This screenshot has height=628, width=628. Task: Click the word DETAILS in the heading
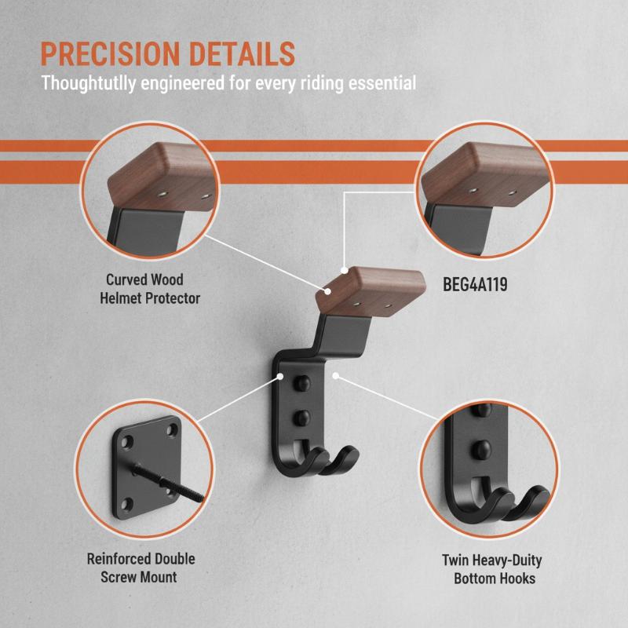click(x=243, y=53)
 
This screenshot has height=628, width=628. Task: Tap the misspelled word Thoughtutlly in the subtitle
click(x=89, y=83)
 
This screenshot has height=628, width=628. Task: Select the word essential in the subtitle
click(x=382, y=83)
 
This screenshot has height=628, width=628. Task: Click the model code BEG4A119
click(x=475, y=284)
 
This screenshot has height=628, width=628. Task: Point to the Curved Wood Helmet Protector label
click(x=149, y=289)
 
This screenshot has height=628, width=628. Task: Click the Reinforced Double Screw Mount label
click(x=141, y=568)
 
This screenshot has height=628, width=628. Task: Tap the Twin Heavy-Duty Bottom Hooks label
click(x=493, y=569)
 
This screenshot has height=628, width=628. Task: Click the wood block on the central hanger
click(x=371, y=290)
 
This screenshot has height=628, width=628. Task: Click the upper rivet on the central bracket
click(x=301, y=383)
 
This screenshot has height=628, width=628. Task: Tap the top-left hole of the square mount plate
click(x=127, y=442)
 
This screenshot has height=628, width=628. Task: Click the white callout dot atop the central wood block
click(x=344, y=270)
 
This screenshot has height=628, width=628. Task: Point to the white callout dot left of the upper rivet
click(x=280, y=376)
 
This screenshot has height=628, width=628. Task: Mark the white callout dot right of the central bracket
click(x=336, y=375)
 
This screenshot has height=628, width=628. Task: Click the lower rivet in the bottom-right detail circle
click(x=482, y=449)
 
